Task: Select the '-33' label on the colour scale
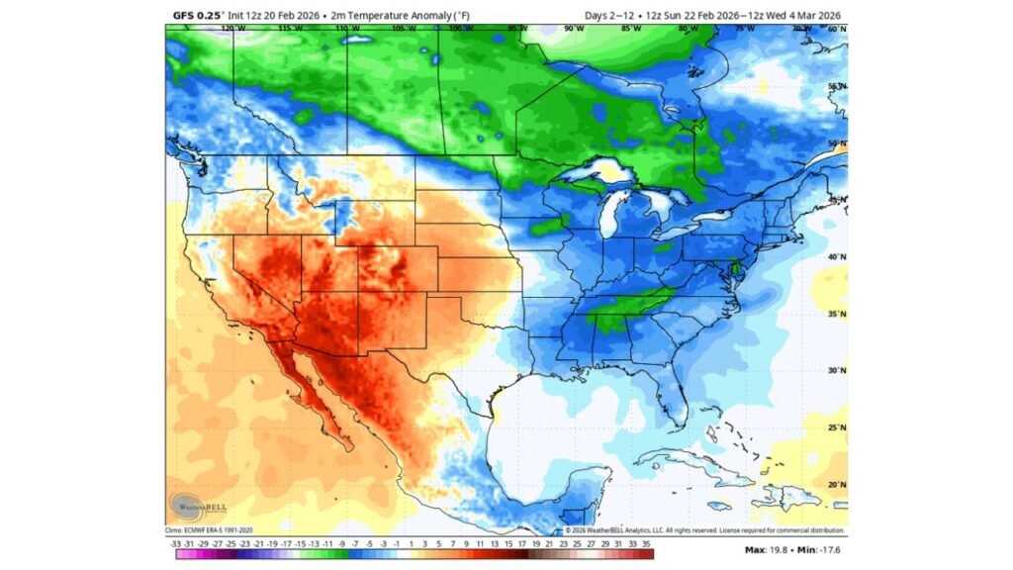175,542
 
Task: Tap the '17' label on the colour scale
521,542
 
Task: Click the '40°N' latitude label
837,257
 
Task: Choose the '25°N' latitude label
837,427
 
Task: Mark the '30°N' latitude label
837,371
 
